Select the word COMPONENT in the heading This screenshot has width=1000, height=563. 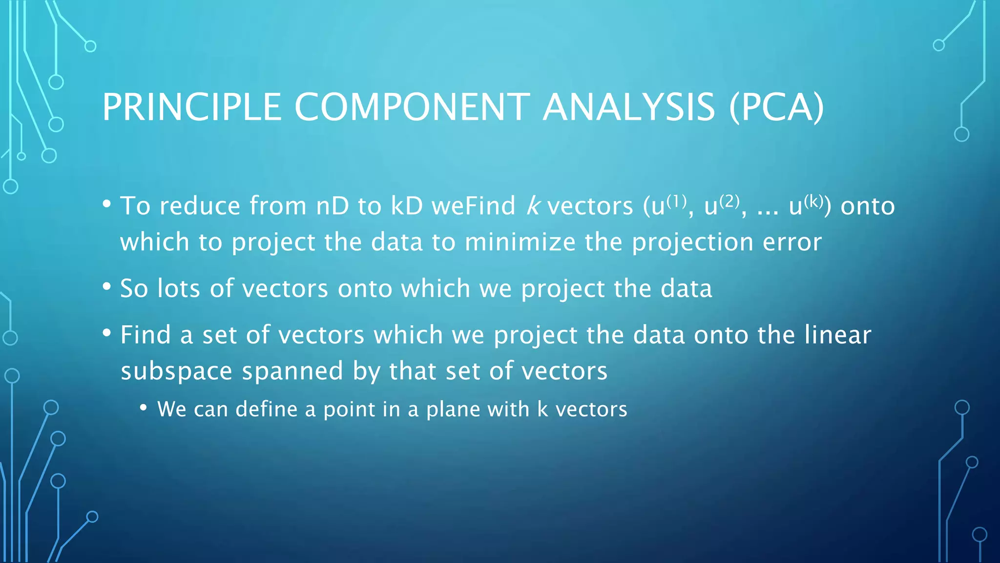tap(412, 107)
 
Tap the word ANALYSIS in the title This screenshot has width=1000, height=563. tap(629, 107)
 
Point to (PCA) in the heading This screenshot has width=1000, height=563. tap(776, 107)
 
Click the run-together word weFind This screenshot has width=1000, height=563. tap(473, 206)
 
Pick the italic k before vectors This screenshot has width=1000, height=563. tap(533, 206)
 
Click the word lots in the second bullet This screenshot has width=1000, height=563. tap(178, 288)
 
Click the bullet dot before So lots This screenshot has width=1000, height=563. tap(107, 287)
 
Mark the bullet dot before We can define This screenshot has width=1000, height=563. tap(143, 408)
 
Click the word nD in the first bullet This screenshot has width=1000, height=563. tap(332, 206)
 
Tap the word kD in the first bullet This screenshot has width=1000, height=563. tap(406, 206)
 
